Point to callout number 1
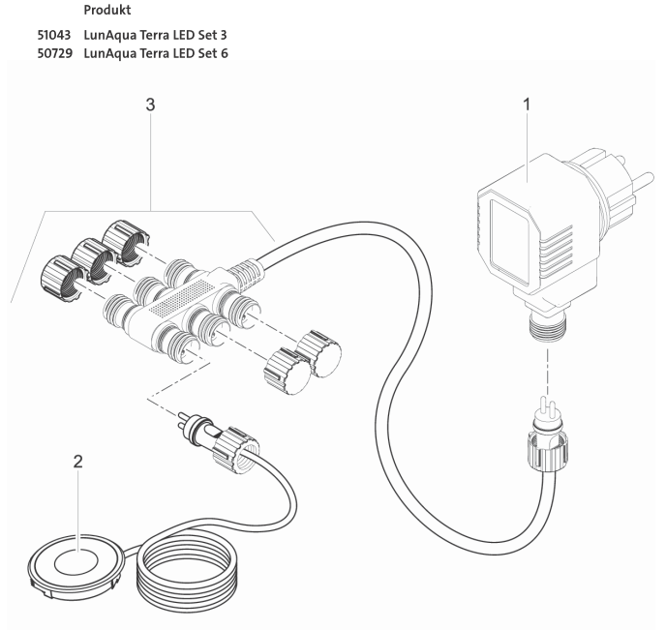pos(527,104)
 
